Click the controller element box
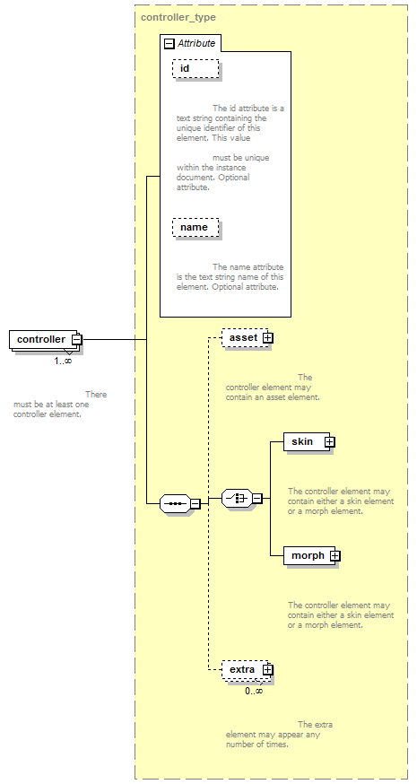(44, 339)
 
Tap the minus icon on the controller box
(76, 339)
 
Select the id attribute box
(196, 68)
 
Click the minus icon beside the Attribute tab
(169, 43)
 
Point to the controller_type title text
(178, 18)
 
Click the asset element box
(246, 337)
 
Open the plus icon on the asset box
(268, 337)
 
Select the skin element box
(307, 441)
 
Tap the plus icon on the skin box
(329, 442)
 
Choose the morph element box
(309, 555)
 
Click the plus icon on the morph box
(335, 555)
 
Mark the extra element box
(246, 669)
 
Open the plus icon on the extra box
(268, 669)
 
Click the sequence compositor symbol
(175, 503)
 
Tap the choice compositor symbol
(237, 498)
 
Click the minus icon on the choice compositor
(257, 499)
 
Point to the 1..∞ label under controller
(63, 361)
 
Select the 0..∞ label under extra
(254, 691)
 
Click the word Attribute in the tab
(196, 43)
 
